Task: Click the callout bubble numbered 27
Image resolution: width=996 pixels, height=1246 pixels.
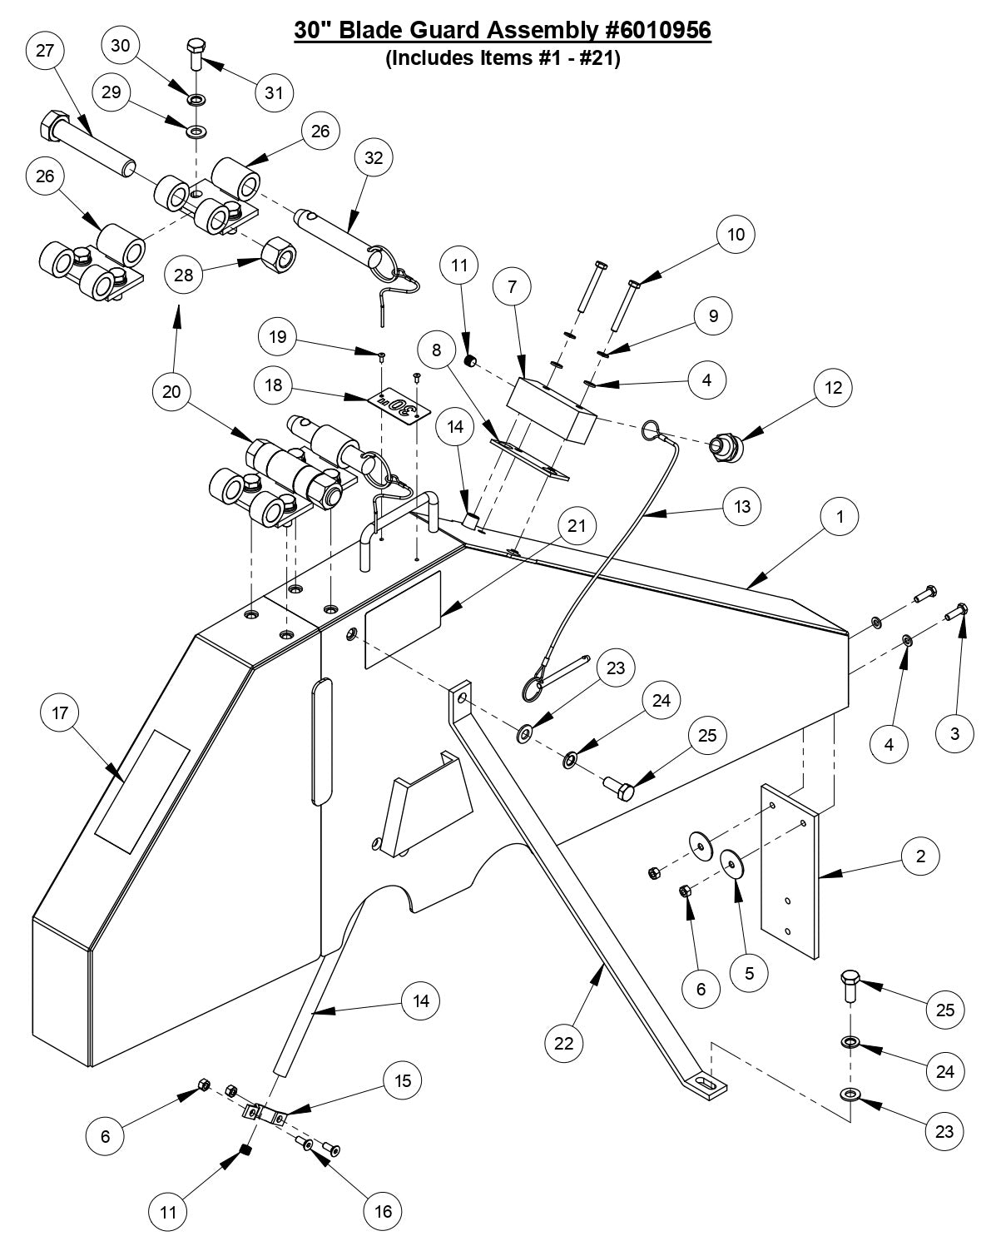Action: (45, 51)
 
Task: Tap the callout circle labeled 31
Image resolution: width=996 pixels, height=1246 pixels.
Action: (274, 93)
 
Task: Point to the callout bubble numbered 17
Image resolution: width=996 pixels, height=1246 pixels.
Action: (60, 713)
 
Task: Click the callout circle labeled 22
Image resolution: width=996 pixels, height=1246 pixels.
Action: (564, 1043)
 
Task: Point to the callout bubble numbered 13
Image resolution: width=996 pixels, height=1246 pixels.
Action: (742, 506)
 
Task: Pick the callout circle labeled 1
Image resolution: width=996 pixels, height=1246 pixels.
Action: (840, 517)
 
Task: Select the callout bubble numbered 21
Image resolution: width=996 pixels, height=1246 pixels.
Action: (577, 525)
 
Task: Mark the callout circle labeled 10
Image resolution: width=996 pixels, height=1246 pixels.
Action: (736, 234)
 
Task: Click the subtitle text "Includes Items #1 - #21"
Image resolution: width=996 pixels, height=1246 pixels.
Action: (503, 60)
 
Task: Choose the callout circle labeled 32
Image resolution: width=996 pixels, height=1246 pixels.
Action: (374, 158)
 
